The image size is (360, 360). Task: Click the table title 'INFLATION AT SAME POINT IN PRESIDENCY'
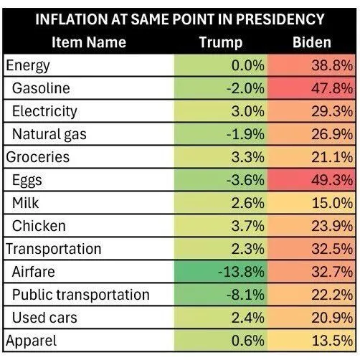coord(179,18)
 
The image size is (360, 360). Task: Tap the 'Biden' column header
coord(311,42)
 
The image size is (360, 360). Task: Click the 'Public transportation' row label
coord(81,295)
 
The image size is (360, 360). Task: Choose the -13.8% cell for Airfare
coord(241,272)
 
